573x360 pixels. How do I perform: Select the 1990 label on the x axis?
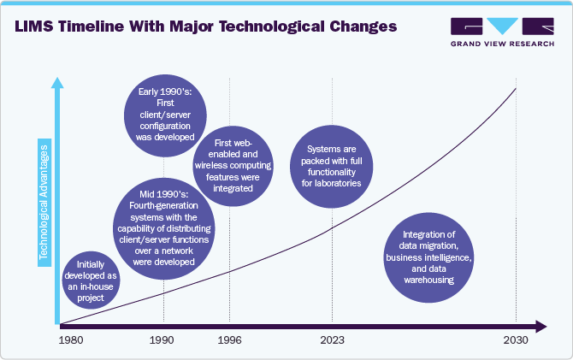click(x=162, y=339)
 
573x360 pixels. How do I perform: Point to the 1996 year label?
click(x=230, y=339)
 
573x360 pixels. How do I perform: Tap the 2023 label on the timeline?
click(x=333, y=339)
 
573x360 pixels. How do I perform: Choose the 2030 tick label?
click(x=516, y=339)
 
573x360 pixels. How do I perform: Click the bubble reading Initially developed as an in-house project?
click(x=90, y=280)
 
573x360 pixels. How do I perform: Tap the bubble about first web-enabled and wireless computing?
click(x=231, y=165)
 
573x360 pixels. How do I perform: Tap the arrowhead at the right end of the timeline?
click(x=540, y=326)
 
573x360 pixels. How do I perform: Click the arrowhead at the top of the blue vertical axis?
click(x=57, y=82)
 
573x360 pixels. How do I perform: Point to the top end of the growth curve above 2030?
click(x=516, y=88)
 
